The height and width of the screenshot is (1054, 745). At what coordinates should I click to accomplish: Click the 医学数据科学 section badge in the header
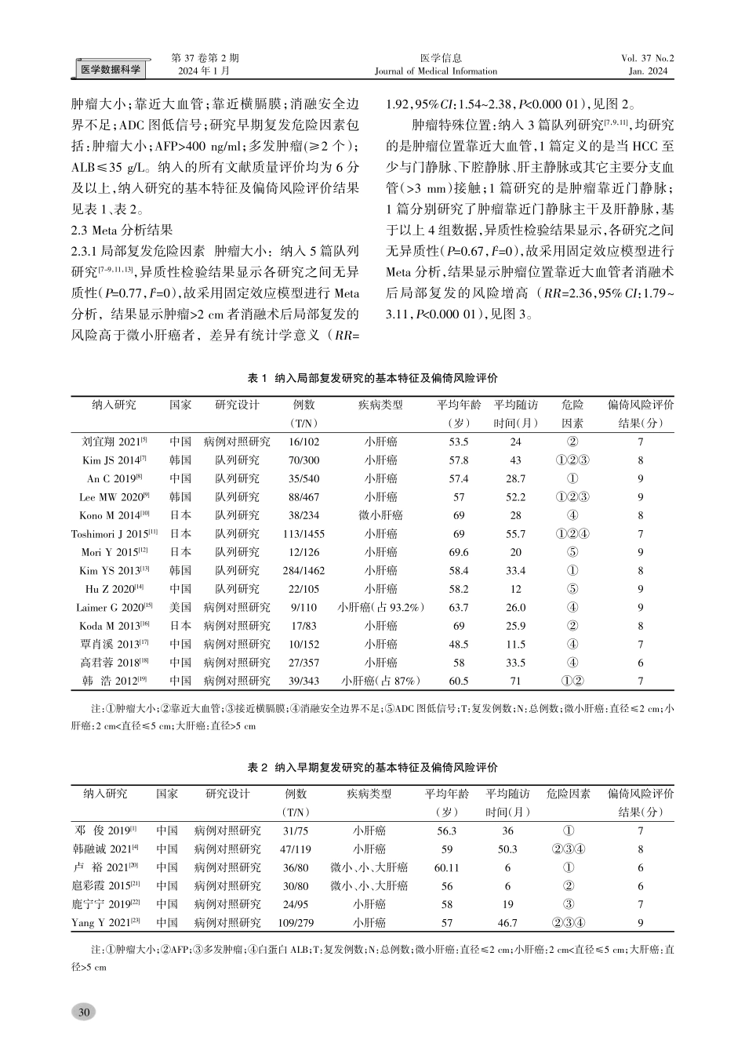click(x=111, y=70)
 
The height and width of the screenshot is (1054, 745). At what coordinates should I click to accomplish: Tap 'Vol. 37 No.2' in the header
click(x=647, y=58)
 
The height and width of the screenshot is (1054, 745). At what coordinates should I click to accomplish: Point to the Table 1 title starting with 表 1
click(x=372, y=378)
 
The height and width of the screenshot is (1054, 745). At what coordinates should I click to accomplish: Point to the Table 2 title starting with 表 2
click(x=372, y=767)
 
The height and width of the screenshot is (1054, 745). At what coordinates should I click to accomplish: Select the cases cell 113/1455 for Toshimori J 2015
click(x=303, y=534)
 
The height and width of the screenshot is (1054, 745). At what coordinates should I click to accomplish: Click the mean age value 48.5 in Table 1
click(x=459, y=645)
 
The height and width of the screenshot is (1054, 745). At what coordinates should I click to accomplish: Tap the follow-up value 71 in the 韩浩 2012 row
click(x=515, y=681)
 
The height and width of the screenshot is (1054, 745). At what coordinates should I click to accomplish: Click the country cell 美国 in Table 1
click(x=180, y=608)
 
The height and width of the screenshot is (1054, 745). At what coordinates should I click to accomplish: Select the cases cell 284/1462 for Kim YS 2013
click(x=303, y=571)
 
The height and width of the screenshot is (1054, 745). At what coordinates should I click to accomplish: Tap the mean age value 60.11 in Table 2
click(x=446, y=868)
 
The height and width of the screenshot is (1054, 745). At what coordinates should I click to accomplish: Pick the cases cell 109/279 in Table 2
click(x=296, y=924)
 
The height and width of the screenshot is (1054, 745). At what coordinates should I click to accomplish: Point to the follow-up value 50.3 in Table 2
click(x=507, y=849)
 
